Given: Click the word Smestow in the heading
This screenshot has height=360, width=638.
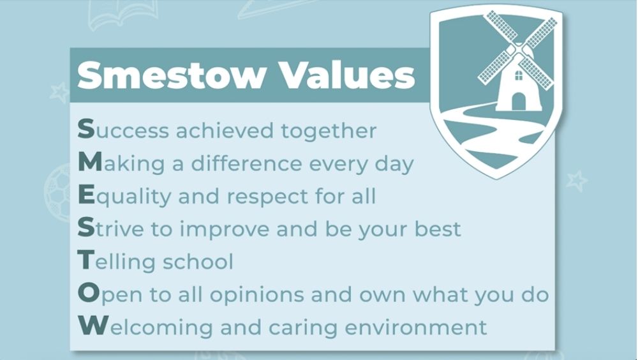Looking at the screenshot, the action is (x=170, y=75).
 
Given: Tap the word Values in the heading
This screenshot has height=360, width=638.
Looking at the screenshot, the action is (x=348, y=74).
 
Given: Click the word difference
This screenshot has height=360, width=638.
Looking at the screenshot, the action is (x=246, y=163).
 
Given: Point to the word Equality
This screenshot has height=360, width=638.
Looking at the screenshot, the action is (x=124, y=197).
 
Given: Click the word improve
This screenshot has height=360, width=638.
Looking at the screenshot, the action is (x=224, y=229).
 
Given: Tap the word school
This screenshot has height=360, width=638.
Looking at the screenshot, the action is (x=198, y=262).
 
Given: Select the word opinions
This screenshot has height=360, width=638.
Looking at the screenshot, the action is (x=256, y=295).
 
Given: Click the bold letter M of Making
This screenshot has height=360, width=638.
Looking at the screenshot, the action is (x=89, y=162).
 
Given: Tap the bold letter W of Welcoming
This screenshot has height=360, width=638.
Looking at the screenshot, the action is (x=93, y=325).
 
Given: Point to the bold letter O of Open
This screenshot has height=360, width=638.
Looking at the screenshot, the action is (x=89, y=293).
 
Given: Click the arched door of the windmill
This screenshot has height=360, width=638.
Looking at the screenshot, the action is (x=518, y=101).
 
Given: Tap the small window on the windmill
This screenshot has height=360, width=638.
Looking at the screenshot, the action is (x=519, y=75).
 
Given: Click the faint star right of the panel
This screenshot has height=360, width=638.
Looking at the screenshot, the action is (x=577, y=181).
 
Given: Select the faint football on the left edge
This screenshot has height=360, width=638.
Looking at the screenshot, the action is (x=57, y=192).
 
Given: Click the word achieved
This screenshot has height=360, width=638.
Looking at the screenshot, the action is (x=225, y=131).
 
